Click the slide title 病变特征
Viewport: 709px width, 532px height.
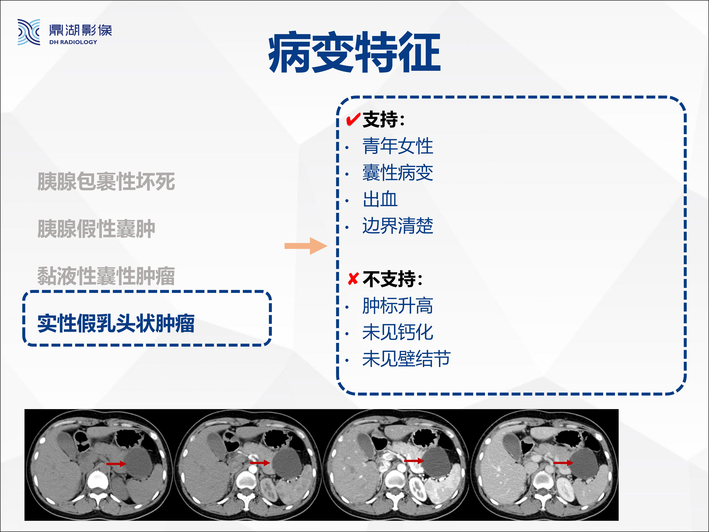[354, 52]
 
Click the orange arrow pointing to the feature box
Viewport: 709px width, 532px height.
[306, 246]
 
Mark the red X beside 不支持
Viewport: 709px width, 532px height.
[353, 279]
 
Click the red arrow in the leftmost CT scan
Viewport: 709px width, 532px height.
[116, 464]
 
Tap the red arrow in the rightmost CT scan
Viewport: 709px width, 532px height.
[563, 463]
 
